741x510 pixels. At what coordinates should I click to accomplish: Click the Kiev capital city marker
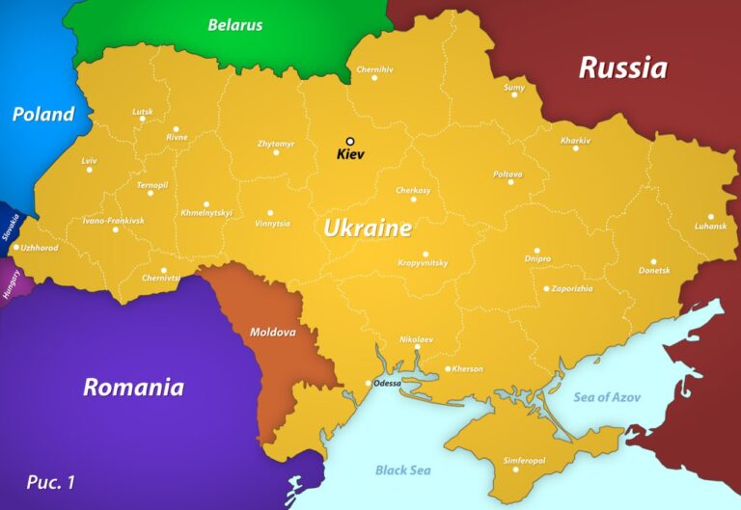(x=350, y=141)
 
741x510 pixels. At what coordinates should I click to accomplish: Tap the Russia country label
(x=622, y=67)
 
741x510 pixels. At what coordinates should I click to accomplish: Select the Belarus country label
(x=235, y=25)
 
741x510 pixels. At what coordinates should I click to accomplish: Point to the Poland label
(x=42, y=115)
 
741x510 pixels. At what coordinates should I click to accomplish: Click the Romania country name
(x=133, y=388)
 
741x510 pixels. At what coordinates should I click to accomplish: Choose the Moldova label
(x=272, y=332)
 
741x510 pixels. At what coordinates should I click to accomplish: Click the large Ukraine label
(x=367, y=228)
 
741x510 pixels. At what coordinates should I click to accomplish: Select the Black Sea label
(x=403, y=470)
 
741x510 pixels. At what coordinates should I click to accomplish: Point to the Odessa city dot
(x=368, y=384)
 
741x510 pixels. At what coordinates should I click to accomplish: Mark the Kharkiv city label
(x=575, y=140)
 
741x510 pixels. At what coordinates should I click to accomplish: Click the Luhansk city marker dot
(x=711, y=217)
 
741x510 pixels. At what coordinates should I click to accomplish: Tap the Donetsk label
(x=653, y=271)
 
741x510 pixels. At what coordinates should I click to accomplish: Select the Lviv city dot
(x=90, y=170)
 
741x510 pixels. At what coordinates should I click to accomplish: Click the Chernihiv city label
(x=374, y=69)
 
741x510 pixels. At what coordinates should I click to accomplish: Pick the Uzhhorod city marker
(x=15, y=248)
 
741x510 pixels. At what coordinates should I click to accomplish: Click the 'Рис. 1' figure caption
(x=50, y=480)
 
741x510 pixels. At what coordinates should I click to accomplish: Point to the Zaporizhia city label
(x=573, y=288)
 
